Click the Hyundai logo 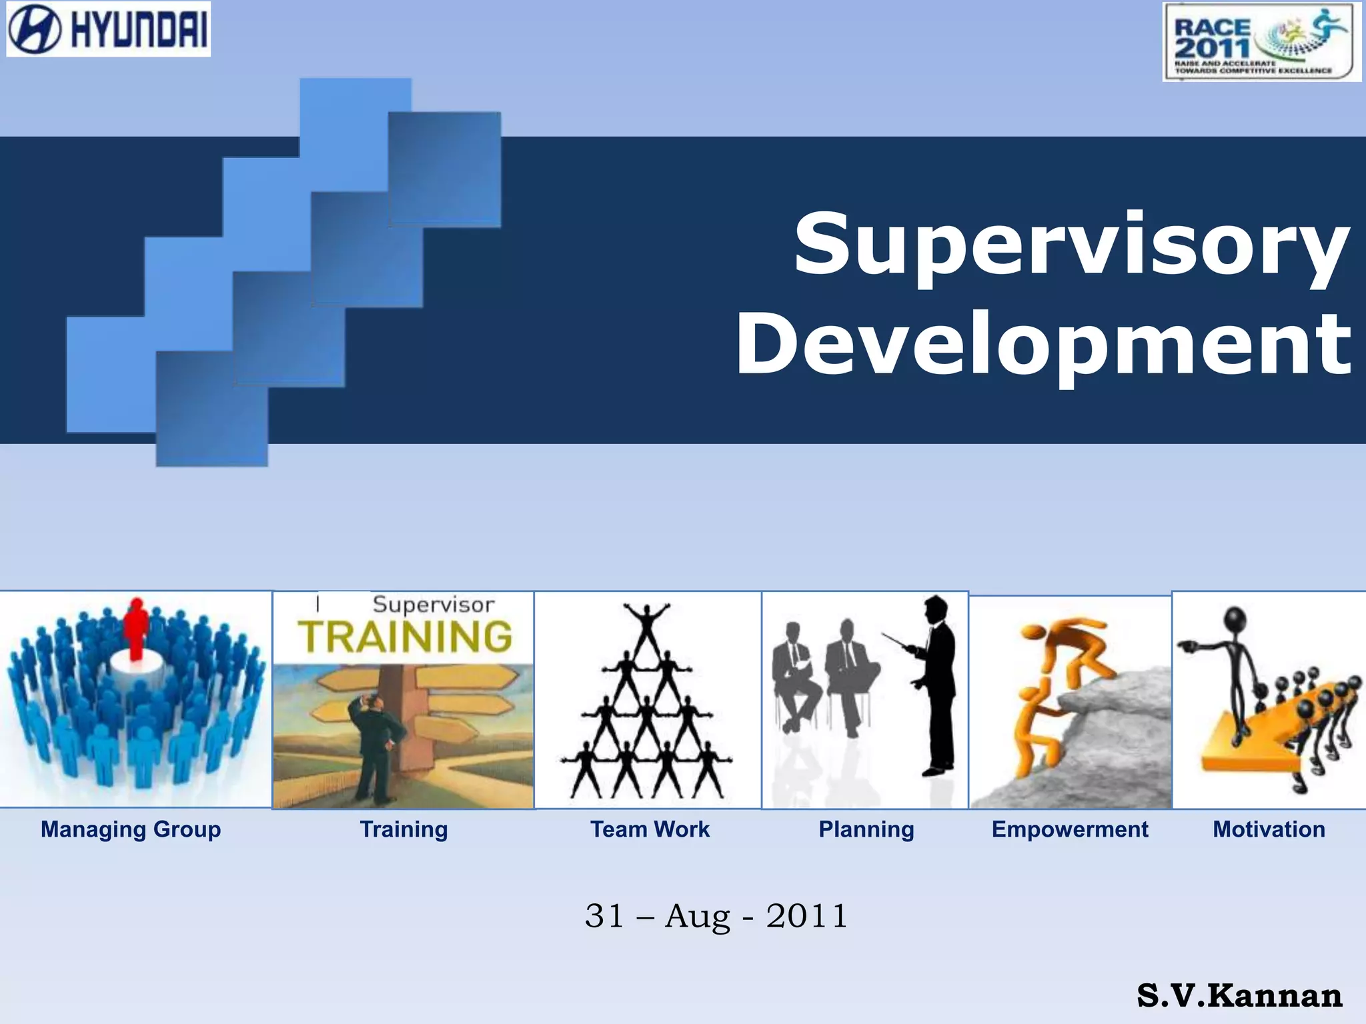click(108, 29)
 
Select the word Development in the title click(1043, 345)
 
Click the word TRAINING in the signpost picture click(405, 637)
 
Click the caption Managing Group click(131, 829)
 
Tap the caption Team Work click(650, 829)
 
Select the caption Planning click(866, 829)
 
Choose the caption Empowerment click(1070, 829)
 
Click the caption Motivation click(1269, 829)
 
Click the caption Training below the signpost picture click(404, 829)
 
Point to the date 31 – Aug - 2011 click(716, 916)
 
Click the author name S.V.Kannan click(1239, 996)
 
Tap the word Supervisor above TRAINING click(434, 605)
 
